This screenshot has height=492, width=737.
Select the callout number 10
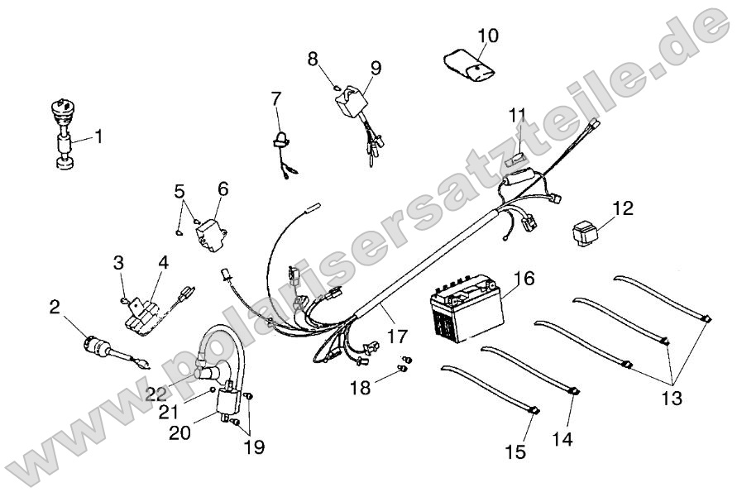488,36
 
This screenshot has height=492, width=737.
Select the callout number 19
254,447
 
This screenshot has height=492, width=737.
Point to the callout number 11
517,113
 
